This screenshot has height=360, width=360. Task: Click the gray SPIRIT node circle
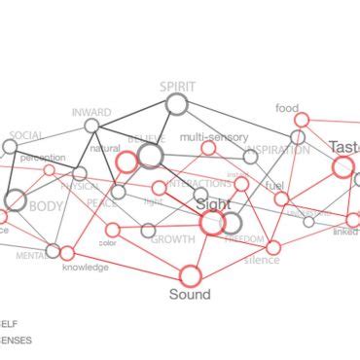(176, 104)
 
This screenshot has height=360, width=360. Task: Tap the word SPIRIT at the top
(177, 87)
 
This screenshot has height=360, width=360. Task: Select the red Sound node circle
(190, 275)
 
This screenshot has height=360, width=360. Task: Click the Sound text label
(190, 294)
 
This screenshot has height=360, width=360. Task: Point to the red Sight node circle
(212, 223)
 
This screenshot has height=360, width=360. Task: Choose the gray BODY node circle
(16, 200)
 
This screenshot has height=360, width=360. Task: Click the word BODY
(46, 206)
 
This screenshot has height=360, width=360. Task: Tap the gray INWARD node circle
(91, 126)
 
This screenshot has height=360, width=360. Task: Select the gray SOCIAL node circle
(10, 147)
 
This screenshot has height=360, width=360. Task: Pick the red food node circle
(302, 120)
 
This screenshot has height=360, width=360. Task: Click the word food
(287, 108)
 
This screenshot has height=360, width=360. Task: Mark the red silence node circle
(273, 247)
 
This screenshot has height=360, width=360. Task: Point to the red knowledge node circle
(67, 253)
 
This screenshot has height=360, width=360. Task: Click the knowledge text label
(85, 267)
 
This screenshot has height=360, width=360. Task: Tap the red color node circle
(113, 230)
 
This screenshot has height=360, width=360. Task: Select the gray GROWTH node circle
(148, 231)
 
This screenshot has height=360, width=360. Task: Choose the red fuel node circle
(281, 198)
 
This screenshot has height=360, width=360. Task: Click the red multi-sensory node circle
(208, 148)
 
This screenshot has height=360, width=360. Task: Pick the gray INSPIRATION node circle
(250, 157)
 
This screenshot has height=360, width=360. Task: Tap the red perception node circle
(50, 170)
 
